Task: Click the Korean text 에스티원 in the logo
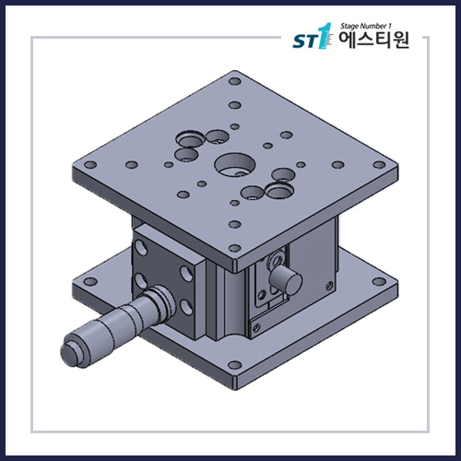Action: (373, 41)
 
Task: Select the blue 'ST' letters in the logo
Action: (303, 42)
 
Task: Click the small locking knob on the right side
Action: (286, 275)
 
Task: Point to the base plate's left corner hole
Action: (90, 281)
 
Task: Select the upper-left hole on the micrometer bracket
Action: (142, 249)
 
